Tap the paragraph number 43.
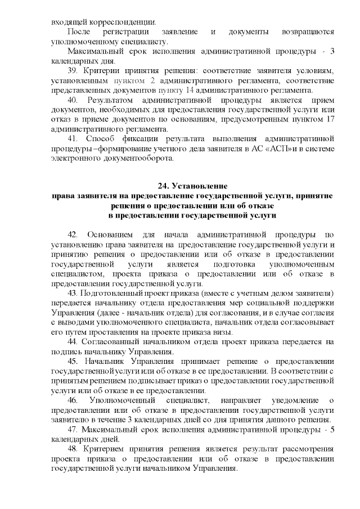(73, 294)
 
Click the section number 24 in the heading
(163, 186)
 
